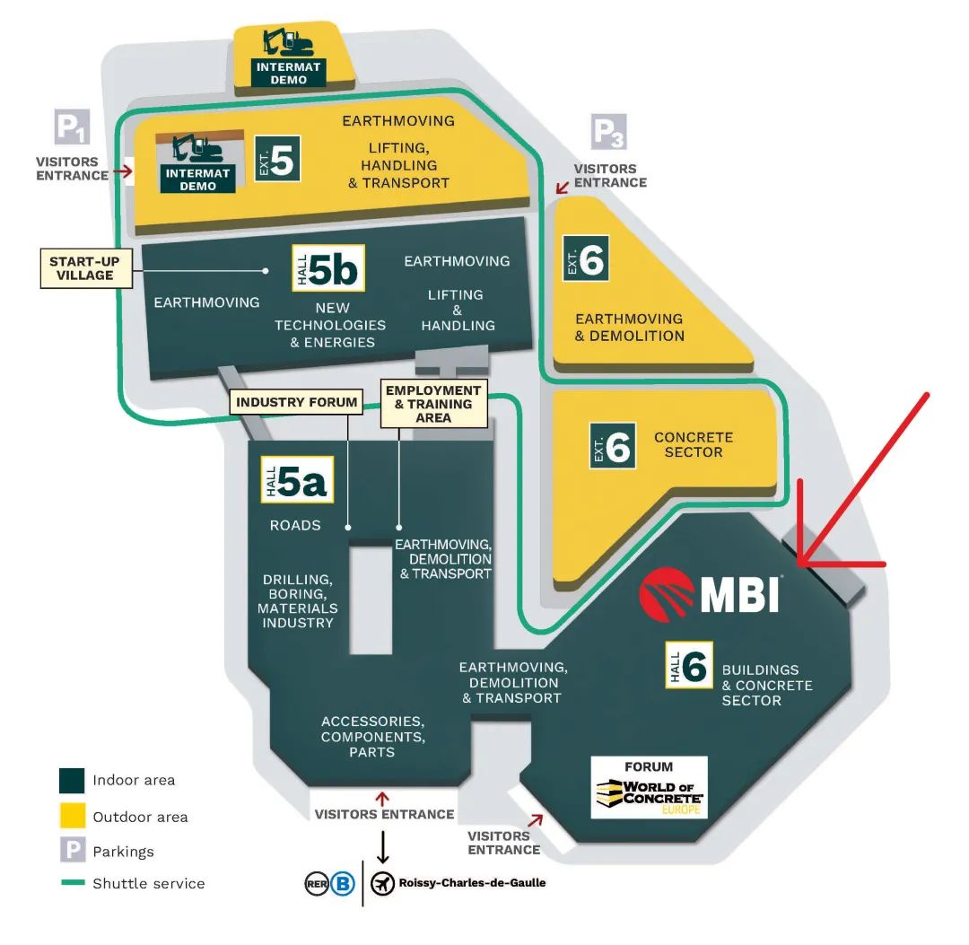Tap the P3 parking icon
tap(608, 133)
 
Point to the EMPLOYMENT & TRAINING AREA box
tap(432, 404)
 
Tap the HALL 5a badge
tap(297, 480)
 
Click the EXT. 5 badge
tap(276, 159)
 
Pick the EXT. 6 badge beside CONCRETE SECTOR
tap(613, 446)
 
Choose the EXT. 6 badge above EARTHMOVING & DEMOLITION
tap(586, 258)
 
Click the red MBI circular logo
tap(667, 593)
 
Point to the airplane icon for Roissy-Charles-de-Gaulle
tap(383, 884)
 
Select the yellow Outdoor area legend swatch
tap(72, 816)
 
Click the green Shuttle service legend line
tap(72, 884)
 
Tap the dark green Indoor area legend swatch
tap(72, 781)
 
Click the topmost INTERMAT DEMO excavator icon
tap(288, 42)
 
